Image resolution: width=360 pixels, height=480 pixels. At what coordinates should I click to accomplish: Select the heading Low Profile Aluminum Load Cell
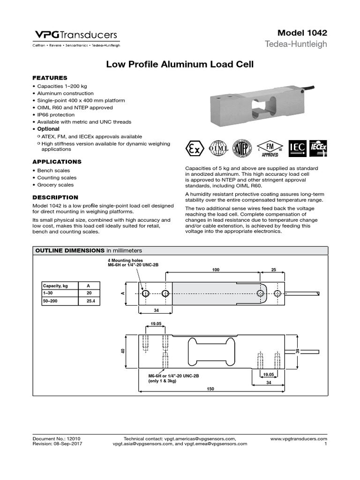pos(180,65)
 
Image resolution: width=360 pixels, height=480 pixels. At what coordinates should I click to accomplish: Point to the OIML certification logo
pos(218,148)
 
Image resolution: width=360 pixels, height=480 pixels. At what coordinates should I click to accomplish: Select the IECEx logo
pos(318,148)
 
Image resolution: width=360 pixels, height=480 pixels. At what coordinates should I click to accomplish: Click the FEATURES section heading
pos(50,78)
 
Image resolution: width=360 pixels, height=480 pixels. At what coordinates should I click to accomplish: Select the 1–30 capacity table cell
pos(49,293)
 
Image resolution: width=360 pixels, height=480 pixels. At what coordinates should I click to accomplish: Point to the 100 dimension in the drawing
pos(215,270)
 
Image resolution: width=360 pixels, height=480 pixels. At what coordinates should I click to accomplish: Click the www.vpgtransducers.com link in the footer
pos(299,438)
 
